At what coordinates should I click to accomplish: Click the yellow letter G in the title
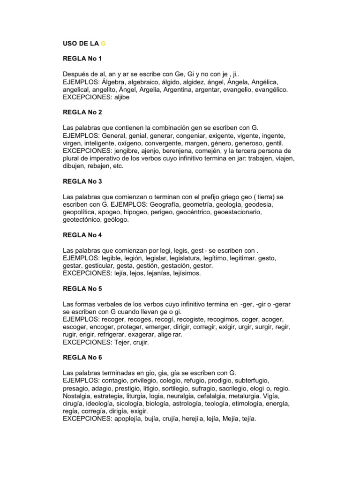pyautogui.click(x=103, y=43)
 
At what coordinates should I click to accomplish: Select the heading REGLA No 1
pyautogui.click(x=82, y=59)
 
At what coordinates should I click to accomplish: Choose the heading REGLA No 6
pyautogui.click(x=82, y=357)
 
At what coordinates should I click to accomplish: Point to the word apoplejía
pyautogui.click(x=128, y=419)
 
